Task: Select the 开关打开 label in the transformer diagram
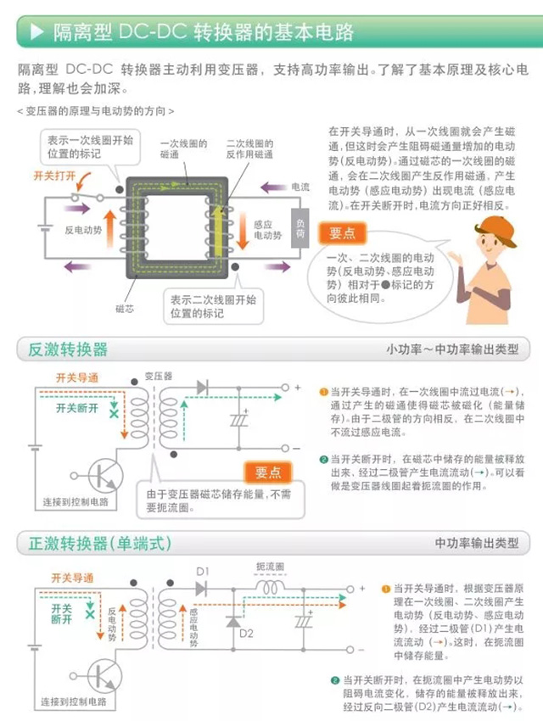tap(54, 176)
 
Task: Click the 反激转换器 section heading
tap(68, 349)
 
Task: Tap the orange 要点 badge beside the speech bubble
tap(343, 232)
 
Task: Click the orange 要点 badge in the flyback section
tap(268, 472)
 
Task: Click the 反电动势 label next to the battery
tap(83, 230)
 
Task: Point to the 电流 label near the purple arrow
tap(300, 187)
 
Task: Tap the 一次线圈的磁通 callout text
tap(179, 150)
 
